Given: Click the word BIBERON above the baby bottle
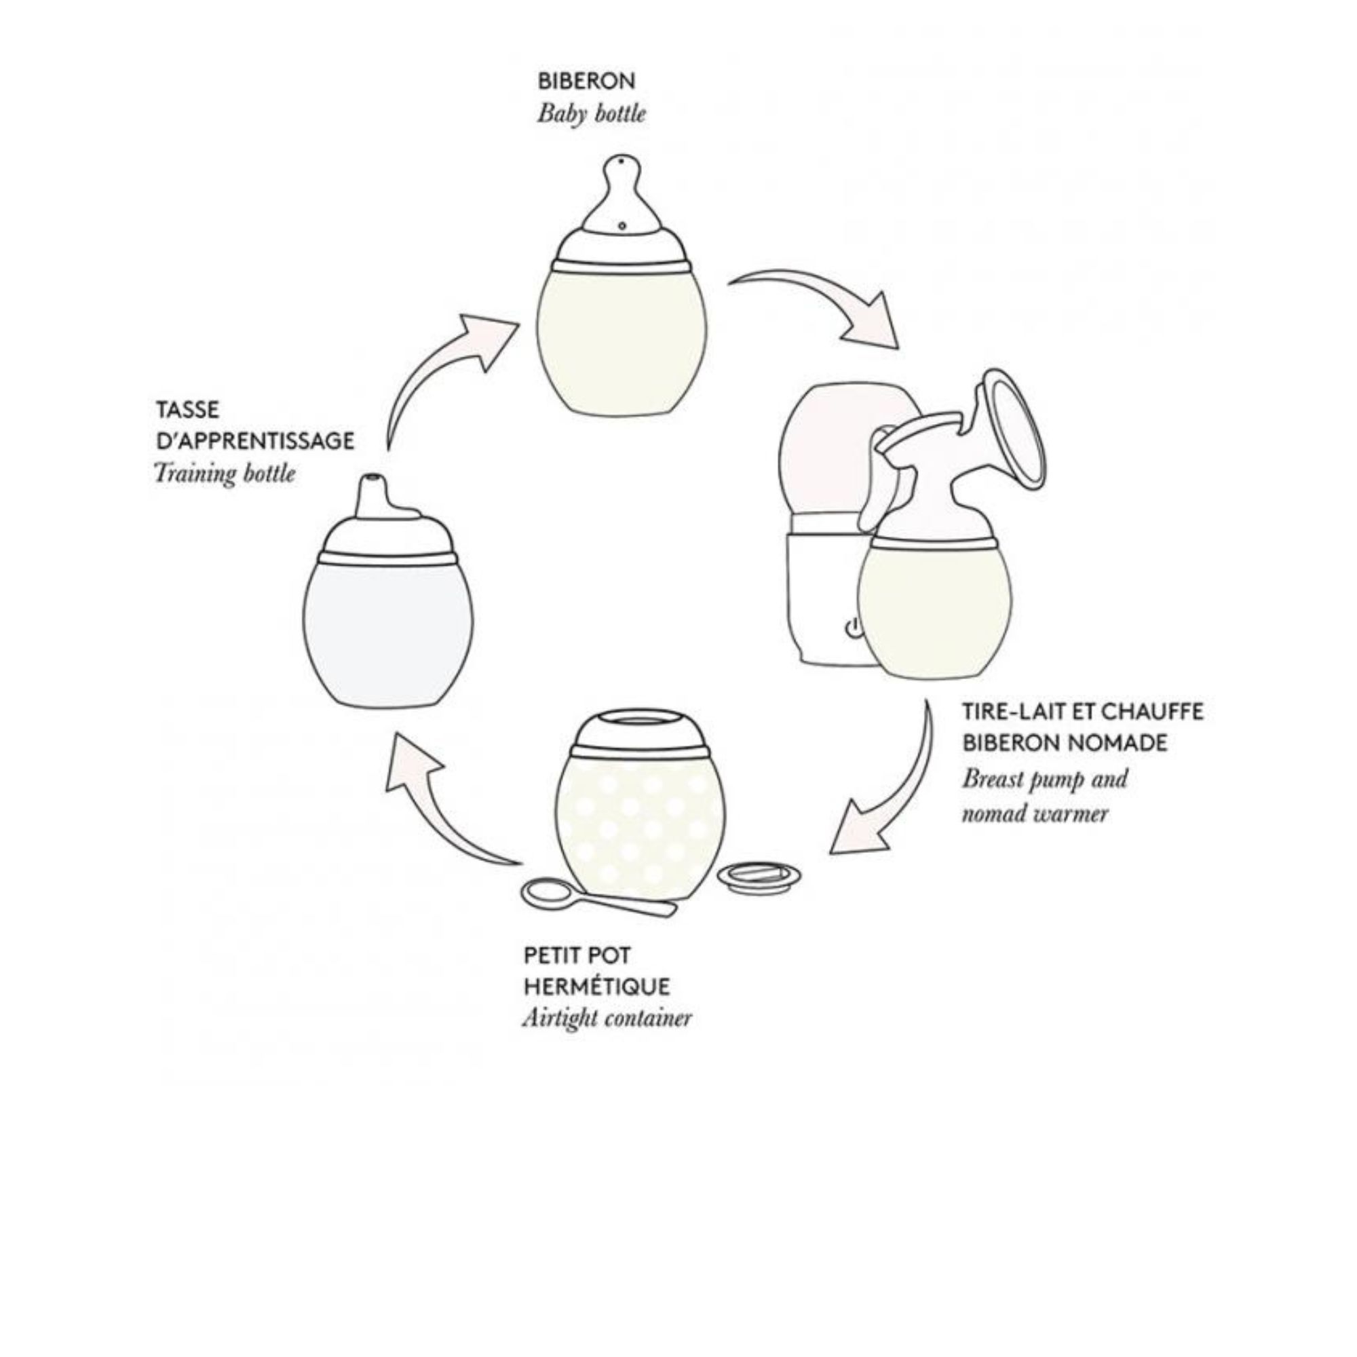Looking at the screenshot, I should click(586, 81).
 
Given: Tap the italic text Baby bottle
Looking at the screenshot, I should click(591, 114).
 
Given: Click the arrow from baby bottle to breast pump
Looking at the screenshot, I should click(822, 299).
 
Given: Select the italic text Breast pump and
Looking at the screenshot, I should click(1044, 779).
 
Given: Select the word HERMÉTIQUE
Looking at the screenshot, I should click(596, 986).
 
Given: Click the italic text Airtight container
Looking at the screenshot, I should click(606, 1018).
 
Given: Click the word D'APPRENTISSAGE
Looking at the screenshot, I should click(255, 442).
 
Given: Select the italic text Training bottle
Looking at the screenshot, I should click(224, 474).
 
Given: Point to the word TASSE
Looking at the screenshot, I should click(187, 410).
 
